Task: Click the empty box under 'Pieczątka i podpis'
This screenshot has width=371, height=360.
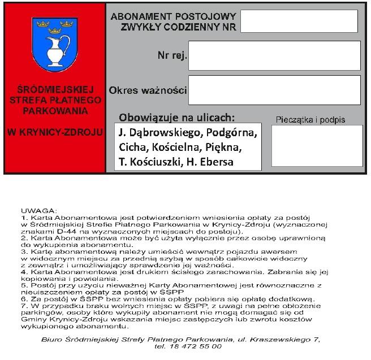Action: point(317,145)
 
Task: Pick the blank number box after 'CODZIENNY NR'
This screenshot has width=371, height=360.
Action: point(299,21)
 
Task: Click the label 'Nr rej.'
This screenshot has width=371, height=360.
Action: point(172,56)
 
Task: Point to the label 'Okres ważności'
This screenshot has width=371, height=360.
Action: point(148,90)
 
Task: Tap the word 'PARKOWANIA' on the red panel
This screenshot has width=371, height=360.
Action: point(54,110)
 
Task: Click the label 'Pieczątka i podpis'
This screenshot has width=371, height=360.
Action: point(310,120)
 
